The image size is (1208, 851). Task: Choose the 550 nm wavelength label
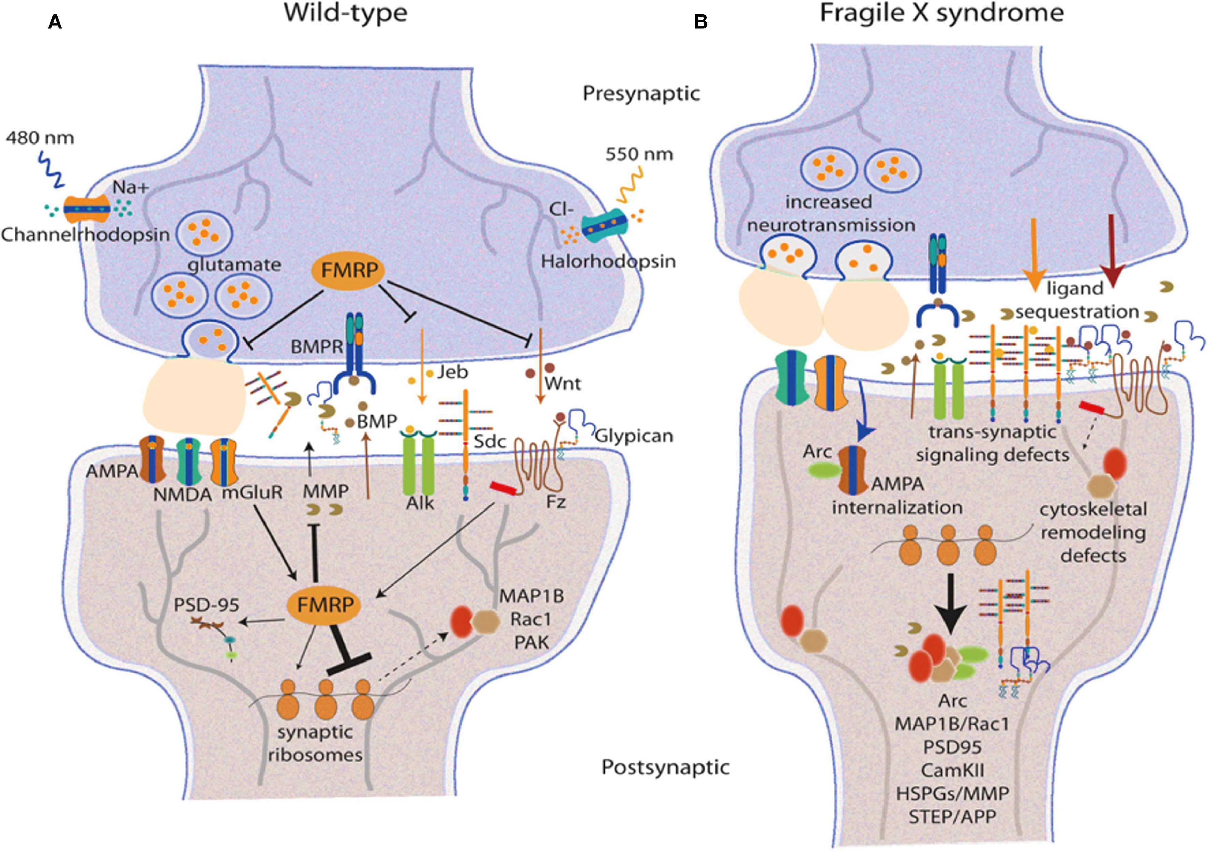point(639,154)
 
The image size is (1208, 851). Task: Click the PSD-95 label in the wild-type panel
point(206,605)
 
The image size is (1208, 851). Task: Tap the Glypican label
point(634,436)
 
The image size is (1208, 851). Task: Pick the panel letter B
point(701,22)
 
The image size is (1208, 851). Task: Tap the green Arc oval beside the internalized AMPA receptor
point(823,470)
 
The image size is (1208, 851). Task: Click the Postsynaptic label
point(666,768)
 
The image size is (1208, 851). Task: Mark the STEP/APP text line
point(952,817)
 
